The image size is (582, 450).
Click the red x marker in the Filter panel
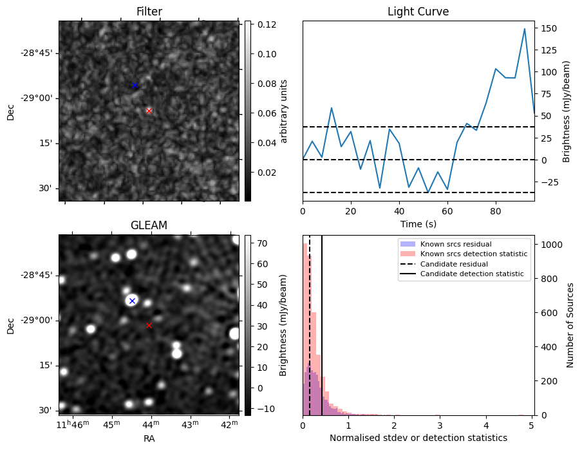pyautogui.click(x=149, y=111)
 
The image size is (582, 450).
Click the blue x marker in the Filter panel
pyautogui.click(x=135, y=85)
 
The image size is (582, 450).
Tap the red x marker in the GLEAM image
pyautogui.click(x=149, y=325)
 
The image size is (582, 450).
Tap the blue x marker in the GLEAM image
pyautogui.click(x=132, y=301)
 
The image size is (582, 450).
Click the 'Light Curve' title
pyautogui.click(x=418, y=12)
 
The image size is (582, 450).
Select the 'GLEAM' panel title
pyautogui.click(x=149, y=225)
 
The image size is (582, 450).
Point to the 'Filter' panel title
pyautogui.click(x=149, y=12)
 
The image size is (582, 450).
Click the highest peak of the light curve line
pyautogui.click(x=525, y=29)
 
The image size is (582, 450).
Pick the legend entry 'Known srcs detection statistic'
pyautogui.click(x=473, y=254)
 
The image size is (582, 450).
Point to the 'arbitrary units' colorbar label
pyautogui.click(x=284, y=111)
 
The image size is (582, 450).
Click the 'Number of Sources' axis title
pyautogui.click(x=570, y=325)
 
